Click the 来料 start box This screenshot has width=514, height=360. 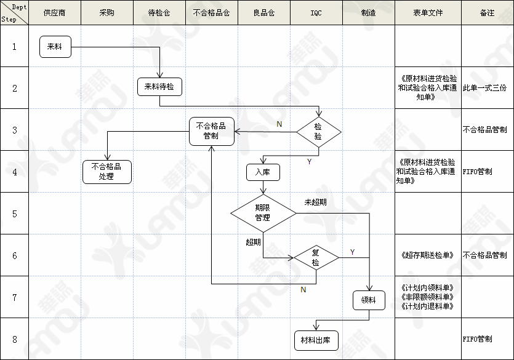tap(55, 47)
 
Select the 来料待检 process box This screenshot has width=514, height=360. tap(159, 87)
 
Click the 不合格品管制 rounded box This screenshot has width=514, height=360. tap(212, 130)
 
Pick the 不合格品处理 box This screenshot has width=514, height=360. tap(106, 171)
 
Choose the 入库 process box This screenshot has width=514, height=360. tap(263, 172)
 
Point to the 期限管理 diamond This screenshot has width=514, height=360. tap(263, 213)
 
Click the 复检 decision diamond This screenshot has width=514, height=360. tap(316, 257)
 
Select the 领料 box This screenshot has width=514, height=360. tap(368, 300)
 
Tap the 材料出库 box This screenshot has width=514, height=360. tap(316, 340)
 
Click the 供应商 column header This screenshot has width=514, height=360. tap(55, 12)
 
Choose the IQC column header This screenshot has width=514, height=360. tap(316, 12)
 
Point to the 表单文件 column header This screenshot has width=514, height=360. tap(428, 12)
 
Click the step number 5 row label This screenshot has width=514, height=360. tap(15, 214)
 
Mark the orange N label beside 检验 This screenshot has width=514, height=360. tap(279, 124)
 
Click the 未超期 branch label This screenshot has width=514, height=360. tap(315, 202)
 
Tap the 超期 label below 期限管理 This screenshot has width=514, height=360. tap(253, 242)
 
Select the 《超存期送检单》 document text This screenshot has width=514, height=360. tap(427, 255)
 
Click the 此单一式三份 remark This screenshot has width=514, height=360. tap(486, 87)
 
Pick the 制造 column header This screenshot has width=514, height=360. tap(368, 12)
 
